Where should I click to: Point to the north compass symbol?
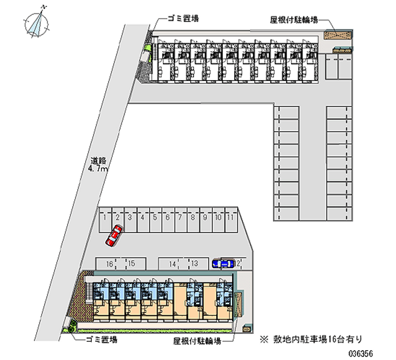click(38, 22)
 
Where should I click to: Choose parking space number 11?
click(230, 217)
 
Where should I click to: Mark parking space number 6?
click(167, 217)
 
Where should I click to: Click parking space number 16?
click(109, 263)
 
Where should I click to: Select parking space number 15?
click(132, 263)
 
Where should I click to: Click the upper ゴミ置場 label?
click(183, 19)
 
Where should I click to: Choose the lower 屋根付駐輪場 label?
click(197, 341)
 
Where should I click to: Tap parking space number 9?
click(205, 217)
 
